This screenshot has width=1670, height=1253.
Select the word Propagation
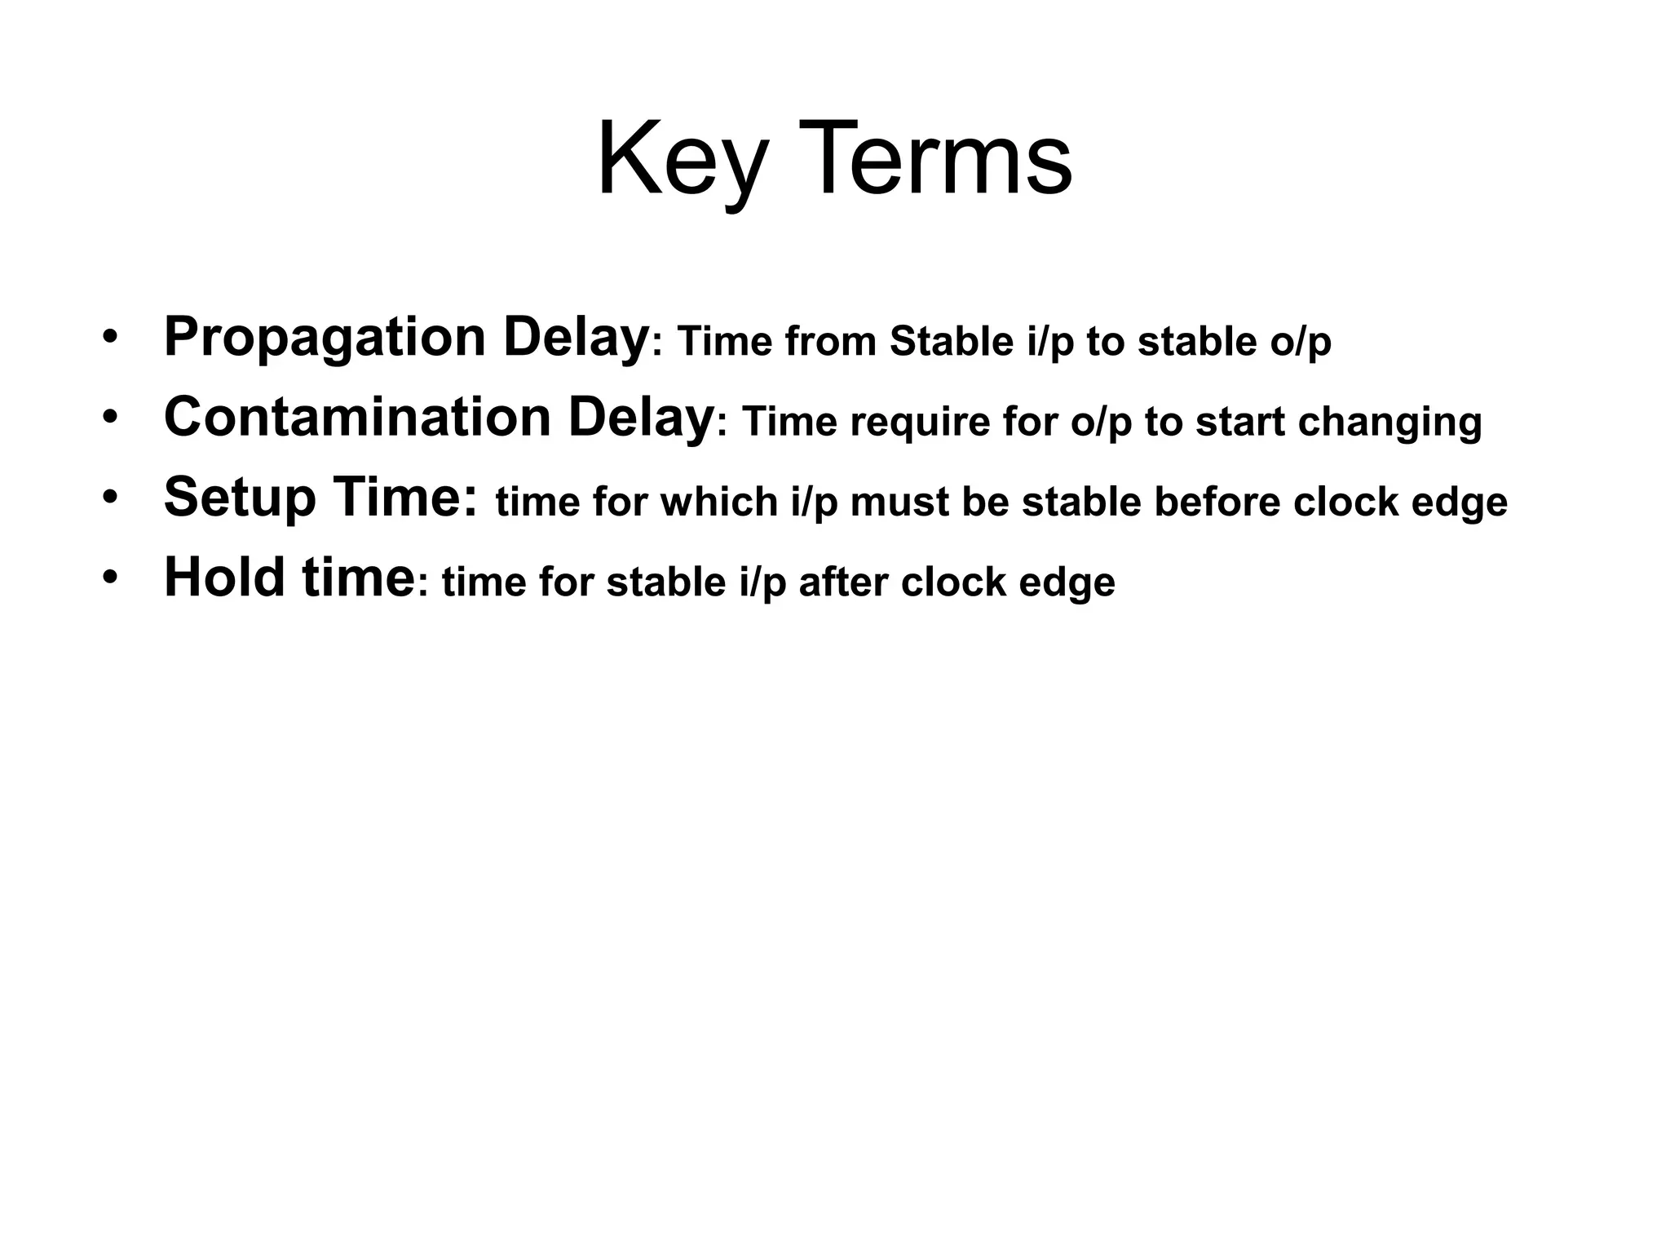click(x=325, y=337)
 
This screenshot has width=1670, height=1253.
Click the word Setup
click(x=240, y=498)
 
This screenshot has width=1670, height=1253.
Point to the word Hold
click(x=225, y=577)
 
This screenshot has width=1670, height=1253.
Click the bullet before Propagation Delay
click(x=111, y=339)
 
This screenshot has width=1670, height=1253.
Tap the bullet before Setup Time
click(x=111, y=498)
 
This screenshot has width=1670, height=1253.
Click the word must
click(x=899, y=502)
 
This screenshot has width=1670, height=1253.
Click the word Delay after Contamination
click(x=641, y=417)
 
